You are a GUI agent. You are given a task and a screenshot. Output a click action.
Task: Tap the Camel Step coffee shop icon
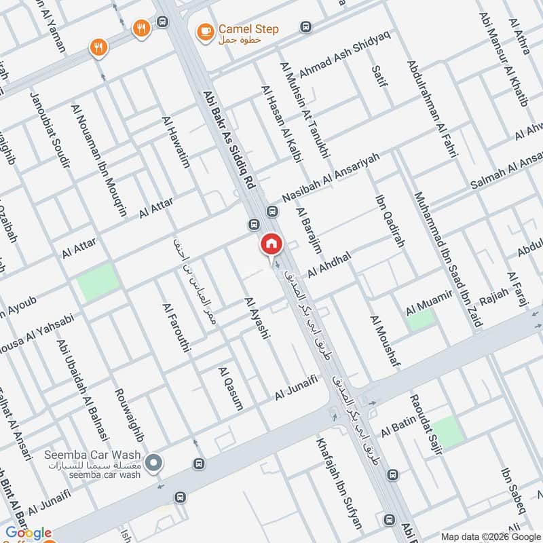pyautogui.click(x=203, y=31)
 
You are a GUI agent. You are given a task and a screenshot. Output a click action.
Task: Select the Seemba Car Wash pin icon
pyautogui.click(x=154, y=464)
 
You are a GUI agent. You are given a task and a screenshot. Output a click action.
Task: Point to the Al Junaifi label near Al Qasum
pyautogui.click(x=297, y=390)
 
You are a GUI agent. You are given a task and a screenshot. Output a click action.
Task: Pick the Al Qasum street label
pyautogui.click(x=230, y=389)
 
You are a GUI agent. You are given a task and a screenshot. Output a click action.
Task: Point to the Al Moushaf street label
pyautogui.click(x=383, y=342)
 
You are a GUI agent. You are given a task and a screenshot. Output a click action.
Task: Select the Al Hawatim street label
pyautogui.click(x=175, y=142)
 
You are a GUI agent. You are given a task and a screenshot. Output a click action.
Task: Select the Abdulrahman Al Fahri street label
pyautogui.click(x=432, y=109)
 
